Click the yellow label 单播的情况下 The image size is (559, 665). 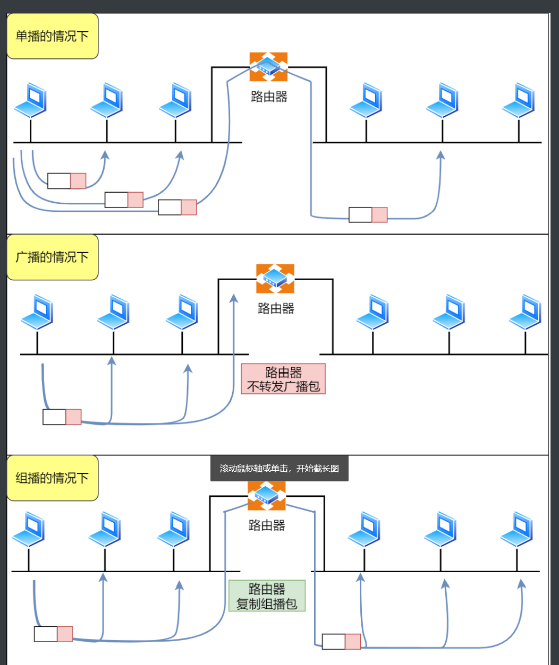[x=52, y=36]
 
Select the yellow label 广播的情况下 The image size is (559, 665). [x=52, y=257]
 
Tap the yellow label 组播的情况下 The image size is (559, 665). [x=52, y=478]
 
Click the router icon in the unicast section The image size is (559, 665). [x=268, y=66]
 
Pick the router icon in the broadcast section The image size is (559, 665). [x=275, y=278]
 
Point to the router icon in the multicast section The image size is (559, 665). [x=266, y=496]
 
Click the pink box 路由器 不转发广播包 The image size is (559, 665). [x=283, y=378]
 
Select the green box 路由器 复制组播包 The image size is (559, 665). [x=267, y=595]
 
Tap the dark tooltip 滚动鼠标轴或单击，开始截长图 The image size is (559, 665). [x=279, y=469]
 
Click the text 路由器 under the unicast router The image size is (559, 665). [x=269, y=97]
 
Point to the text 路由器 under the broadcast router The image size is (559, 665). [x=276, y=308]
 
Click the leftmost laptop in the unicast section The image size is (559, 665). [x=30, y=100]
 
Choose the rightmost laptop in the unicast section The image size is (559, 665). [x=518, y=100]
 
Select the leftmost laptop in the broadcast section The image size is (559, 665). [x=37, y=313]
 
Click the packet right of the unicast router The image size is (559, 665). [x=368, y=215]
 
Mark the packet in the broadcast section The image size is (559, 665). [x=62, y=417]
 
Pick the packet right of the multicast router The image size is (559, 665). [x=341, y=642]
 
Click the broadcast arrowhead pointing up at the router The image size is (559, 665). [x=233, y=299]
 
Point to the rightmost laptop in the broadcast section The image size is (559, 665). [x=525, y=313]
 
